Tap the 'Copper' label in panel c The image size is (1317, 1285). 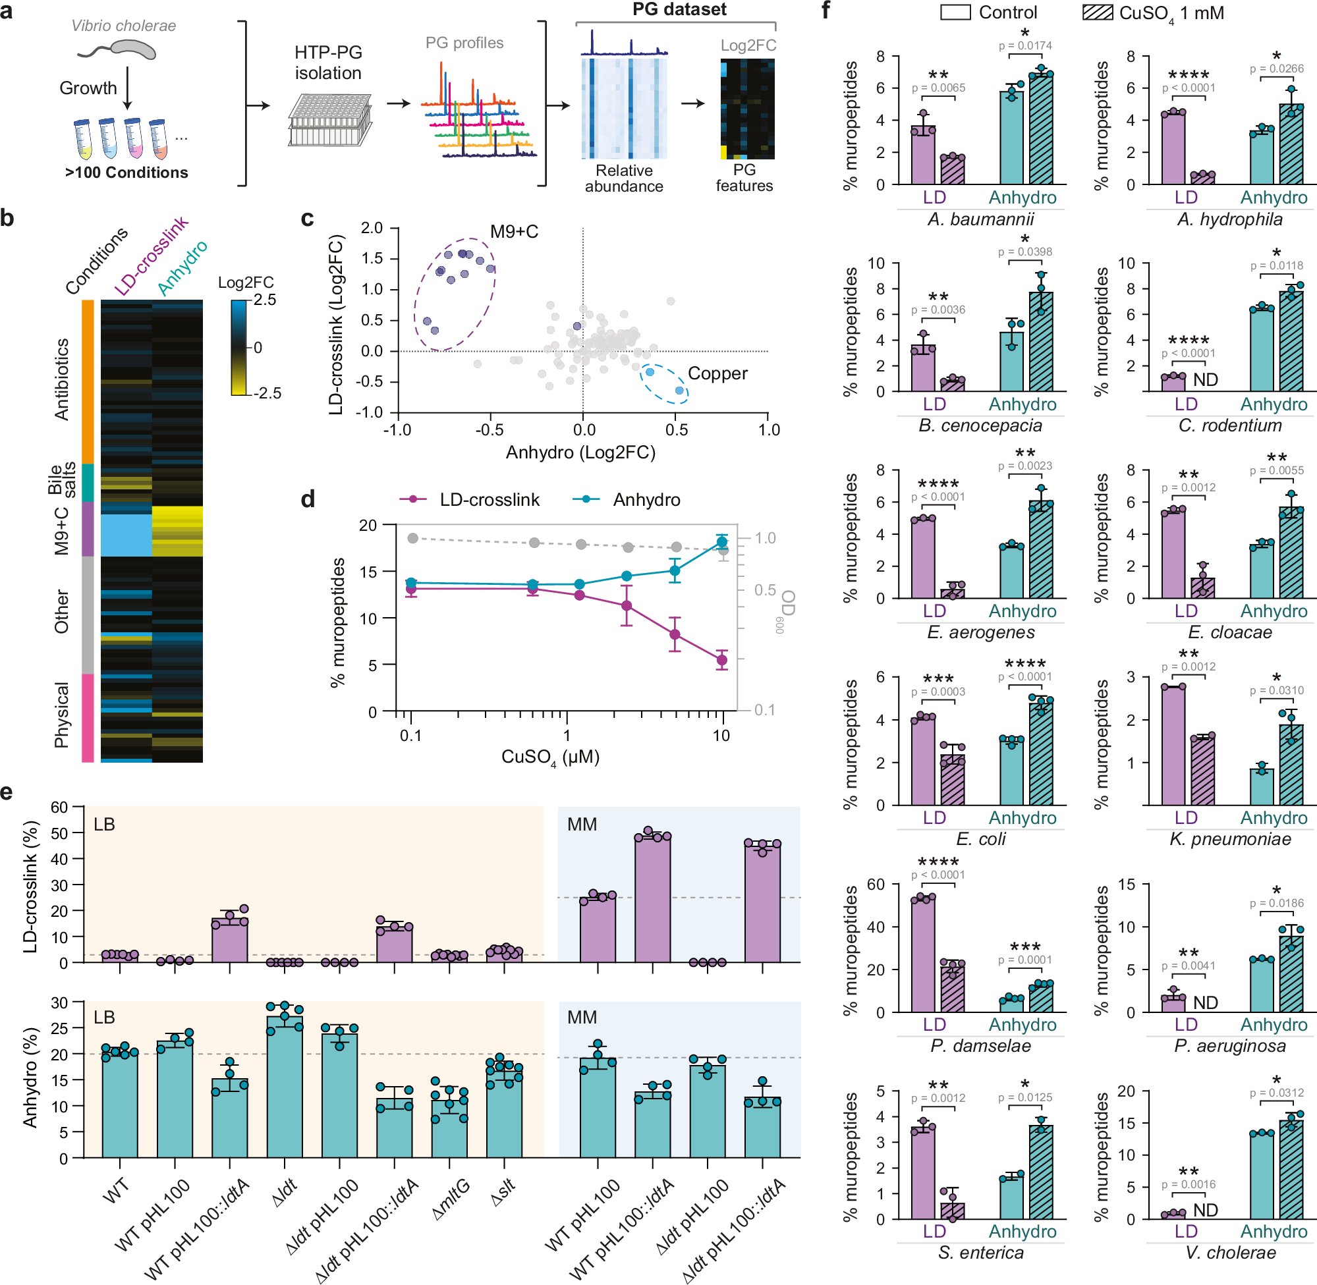[x=717, y=373]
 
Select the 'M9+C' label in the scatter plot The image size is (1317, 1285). [x=514, y=232]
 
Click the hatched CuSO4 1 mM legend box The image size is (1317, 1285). [x=1098, y=12]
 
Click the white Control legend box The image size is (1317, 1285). [x=955, y=12]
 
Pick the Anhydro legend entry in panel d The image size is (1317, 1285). [x=646, y=500]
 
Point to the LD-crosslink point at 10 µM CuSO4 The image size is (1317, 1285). [x=721, y=660]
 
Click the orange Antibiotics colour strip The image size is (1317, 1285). [x=88, y=381]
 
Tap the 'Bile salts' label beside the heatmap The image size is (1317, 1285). [x=61, y=479]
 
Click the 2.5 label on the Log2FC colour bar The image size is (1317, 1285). [x=264, y=300]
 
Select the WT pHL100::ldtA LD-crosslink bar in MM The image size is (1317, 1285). [x=653, y=899]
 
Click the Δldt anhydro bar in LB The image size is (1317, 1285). [x=284, y=1088]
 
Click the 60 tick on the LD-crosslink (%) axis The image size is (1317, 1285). [x=59, y=807]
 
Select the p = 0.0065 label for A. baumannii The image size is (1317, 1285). [x=938, y=88]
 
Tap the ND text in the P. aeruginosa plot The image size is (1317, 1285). [x=1205, y=1002]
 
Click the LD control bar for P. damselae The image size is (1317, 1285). [x=923, y=955]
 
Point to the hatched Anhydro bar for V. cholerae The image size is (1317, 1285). [x=1291, y=1169]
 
